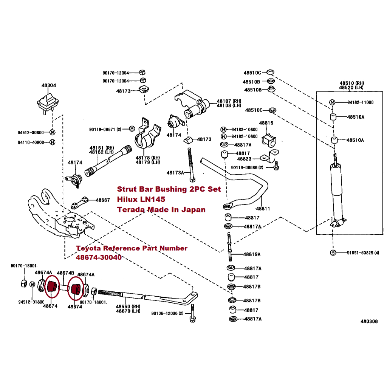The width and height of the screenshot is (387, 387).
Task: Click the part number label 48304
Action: click(x=49, y=85)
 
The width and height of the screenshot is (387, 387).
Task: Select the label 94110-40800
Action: click(x=31, y=142)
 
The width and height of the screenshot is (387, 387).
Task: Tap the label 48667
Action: click(x=103, y=200)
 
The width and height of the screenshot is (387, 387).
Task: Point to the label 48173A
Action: click(x=175, y=173)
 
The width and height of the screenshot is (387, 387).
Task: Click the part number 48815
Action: click(x=266, y=123)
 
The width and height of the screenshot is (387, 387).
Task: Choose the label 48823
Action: click(x=245, y=159)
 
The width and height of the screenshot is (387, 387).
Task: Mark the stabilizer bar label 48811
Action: click(x=263, y=208)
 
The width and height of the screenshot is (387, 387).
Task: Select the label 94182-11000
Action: click(x=361, y=102)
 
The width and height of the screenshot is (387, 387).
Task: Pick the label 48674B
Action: click(x=65, y=272)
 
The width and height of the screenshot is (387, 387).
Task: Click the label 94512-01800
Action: click(x=31, y=302)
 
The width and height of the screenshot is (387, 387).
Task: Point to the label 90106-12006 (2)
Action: click(x=167, y=313)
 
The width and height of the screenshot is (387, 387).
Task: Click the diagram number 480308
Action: click(x=369, y=321)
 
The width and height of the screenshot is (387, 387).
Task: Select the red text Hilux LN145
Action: click(x=141, y=199)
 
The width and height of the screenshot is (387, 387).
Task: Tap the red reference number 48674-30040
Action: click(x=99, y=257)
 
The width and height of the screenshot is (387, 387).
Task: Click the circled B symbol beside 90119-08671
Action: click(x=132, y=129)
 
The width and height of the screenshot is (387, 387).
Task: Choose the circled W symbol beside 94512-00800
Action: click(x=52, y=133)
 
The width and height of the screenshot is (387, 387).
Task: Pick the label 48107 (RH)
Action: click(x=229, y=101)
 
